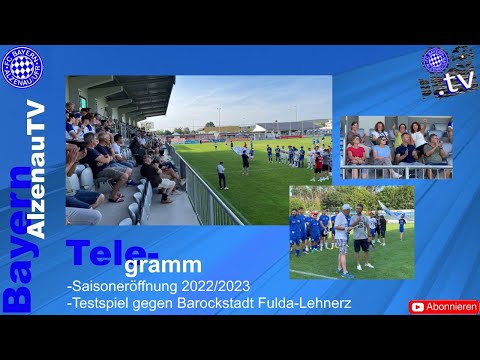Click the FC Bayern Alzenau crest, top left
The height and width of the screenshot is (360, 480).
22,66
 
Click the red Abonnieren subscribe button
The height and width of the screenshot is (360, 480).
444,307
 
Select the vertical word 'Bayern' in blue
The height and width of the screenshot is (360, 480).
17,239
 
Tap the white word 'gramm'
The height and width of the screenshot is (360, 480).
163,266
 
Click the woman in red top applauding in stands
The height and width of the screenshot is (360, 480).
356,150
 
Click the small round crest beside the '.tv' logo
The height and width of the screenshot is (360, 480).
435,60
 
